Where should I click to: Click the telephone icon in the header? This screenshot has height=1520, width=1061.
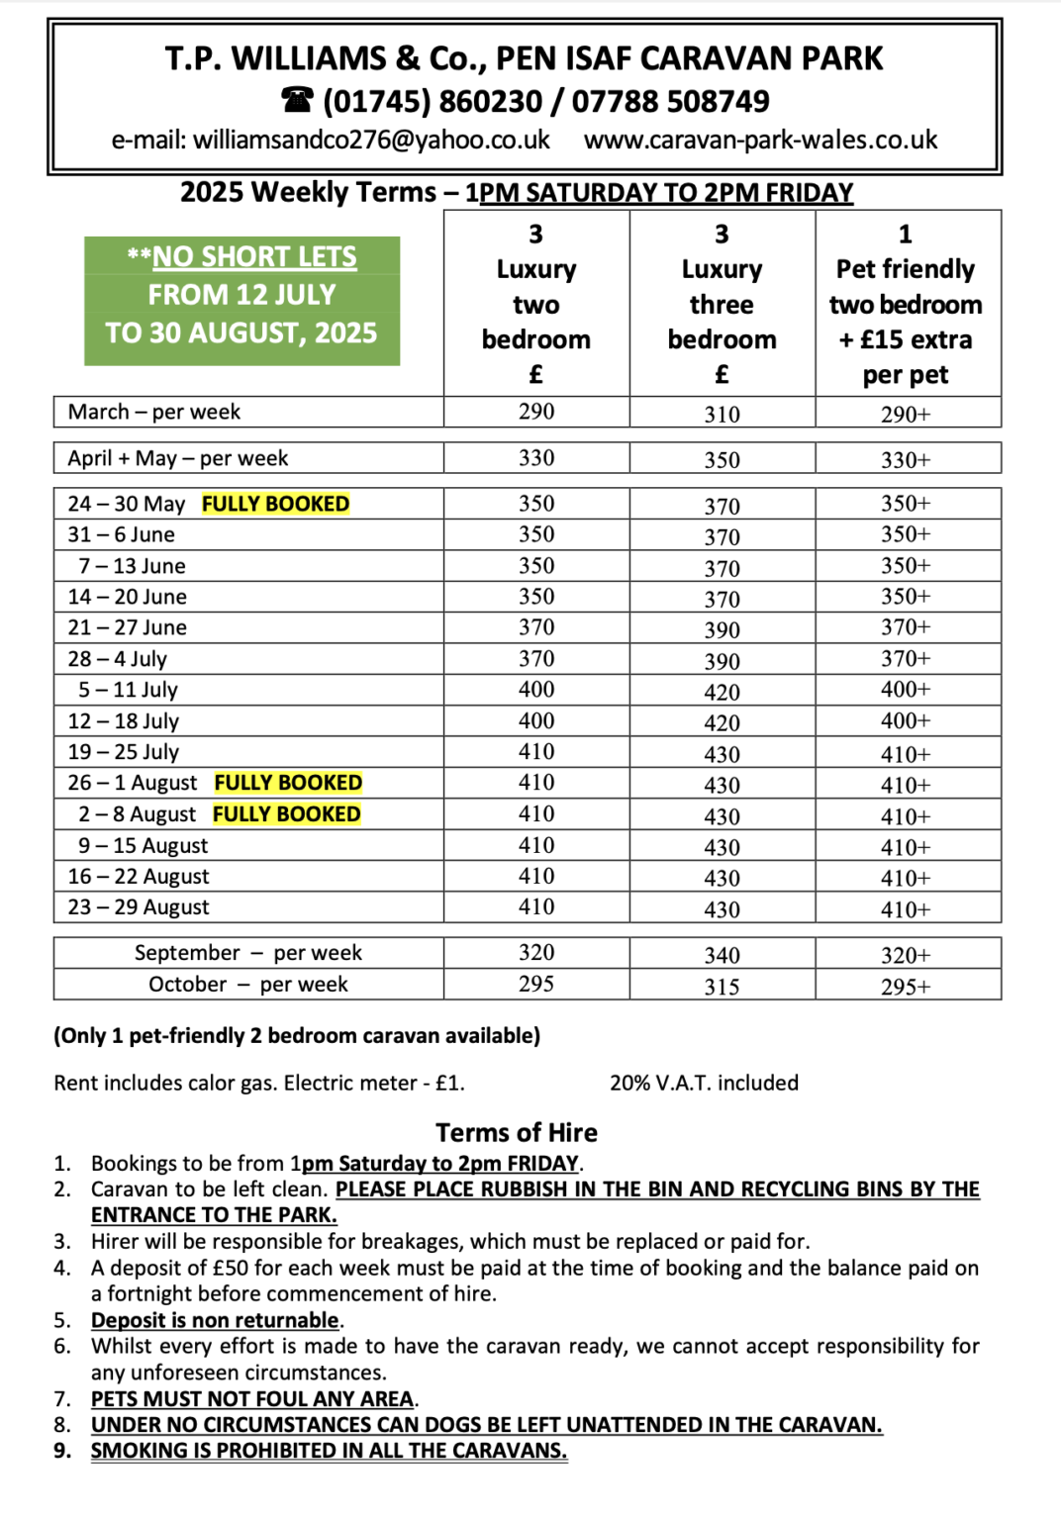click(x=297, y=100)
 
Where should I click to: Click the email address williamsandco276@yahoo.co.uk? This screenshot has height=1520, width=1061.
click(x=371, y=140)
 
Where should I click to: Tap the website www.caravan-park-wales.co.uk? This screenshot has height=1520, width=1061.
click(x=760, y=140)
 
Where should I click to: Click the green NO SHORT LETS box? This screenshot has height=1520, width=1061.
click(x=241, y=301)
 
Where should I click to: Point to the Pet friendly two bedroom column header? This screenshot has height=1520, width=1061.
click(x=906, y=303)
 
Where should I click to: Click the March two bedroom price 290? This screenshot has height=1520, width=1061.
click(x=535, y=412)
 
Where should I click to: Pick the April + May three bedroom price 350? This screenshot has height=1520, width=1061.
click(x=722, y=460)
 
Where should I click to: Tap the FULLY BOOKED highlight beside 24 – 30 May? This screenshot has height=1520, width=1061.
click(x=275, y=504)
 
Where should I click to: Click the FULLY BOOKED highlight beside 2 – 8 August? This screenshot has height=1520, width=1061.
click(x=286, y=814)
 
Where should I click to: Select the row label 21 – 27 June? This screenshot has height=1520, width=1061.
click(x=127, y=627)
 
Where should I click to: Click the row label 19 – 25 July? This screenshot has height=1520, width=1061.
click(x=124, y=752)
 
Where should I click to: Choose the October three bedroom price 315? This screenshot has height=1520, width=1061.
click(x=722, y=987)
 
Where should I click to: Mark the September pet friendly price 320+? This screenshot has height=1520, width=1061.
click(x=906, y=955)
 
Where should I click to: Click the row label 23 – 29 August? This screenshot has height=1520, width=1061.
click(x=139, y=907)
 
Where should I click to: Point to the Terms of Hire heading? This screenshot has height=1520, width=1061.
click(x=517, y=1132)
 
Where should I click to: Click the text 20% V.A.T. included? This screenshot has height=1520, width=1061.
click(x=704, y=1083)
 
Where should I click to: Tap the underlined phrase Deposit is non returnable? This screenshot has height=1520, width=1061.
click(x=215, y=1320)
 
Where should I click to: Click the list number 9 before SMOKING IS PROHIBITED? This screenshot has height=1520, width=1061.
click(x=61, y=1451)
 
